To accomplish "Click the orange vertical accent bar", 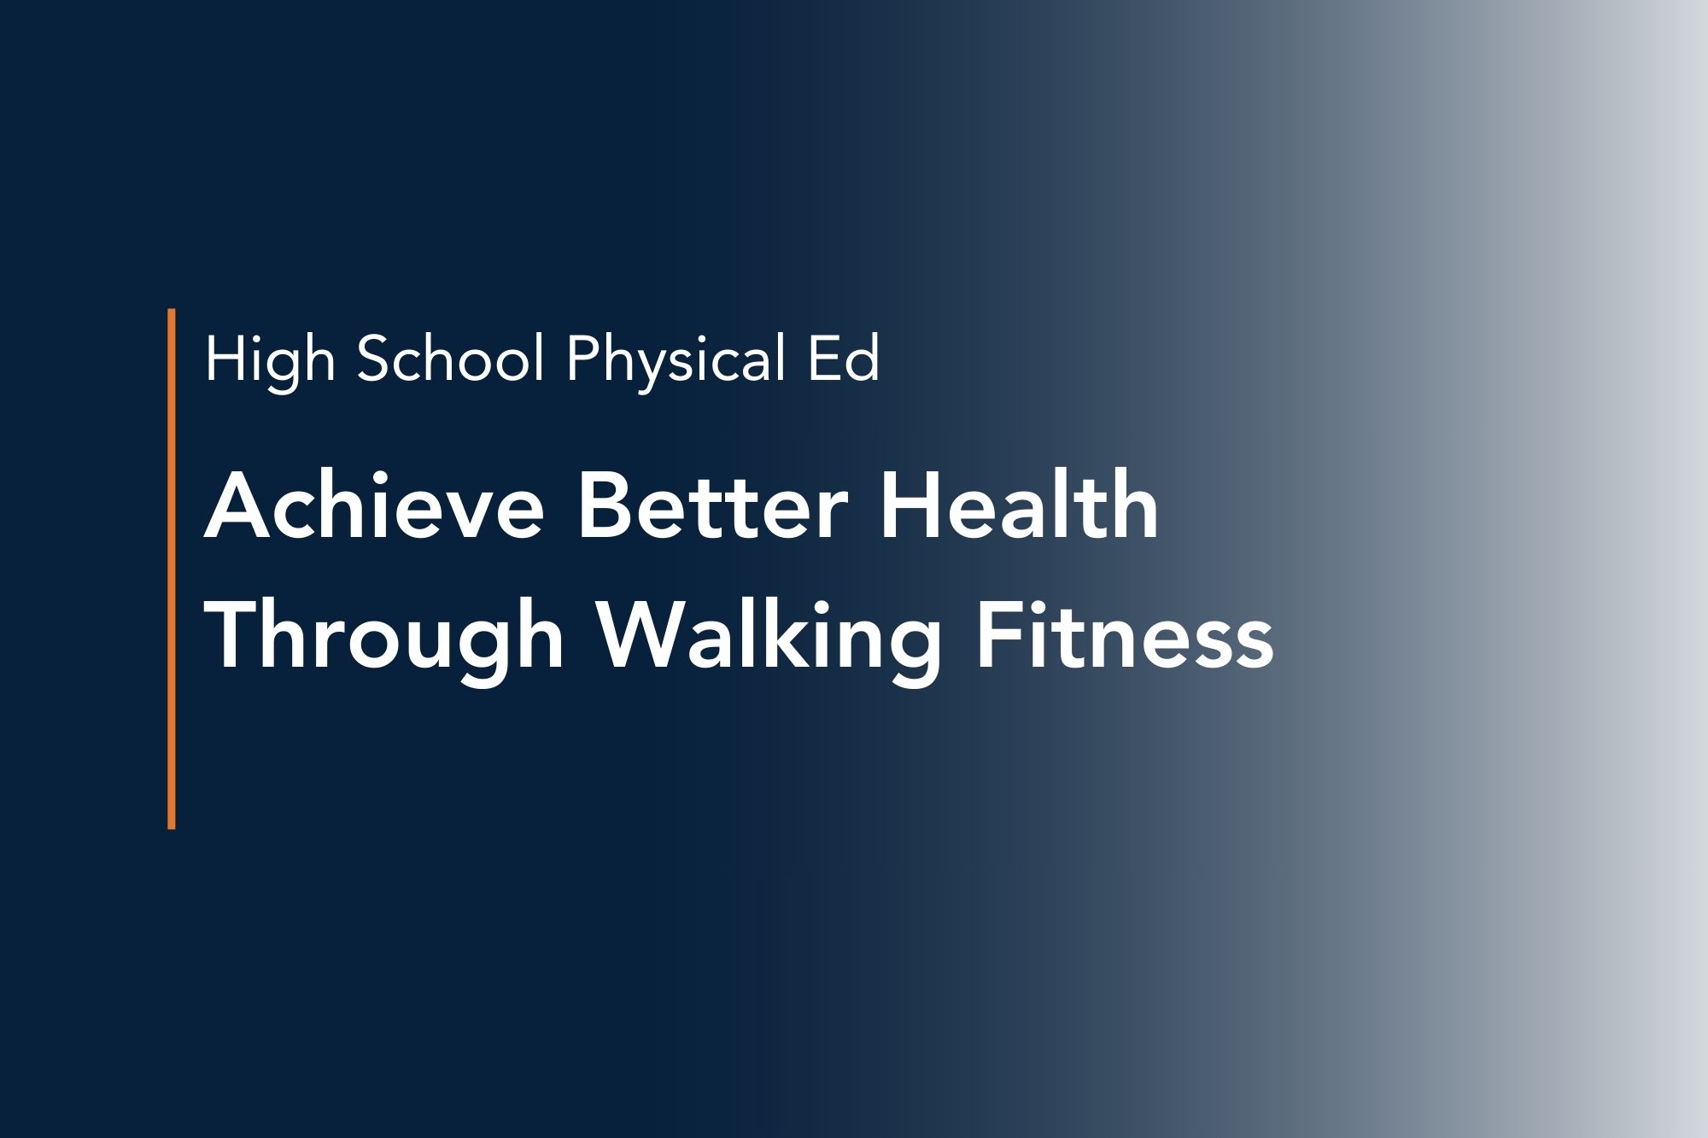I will click(x=172, y=569).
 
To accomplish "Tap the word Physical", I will click(x=675, y=360).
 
